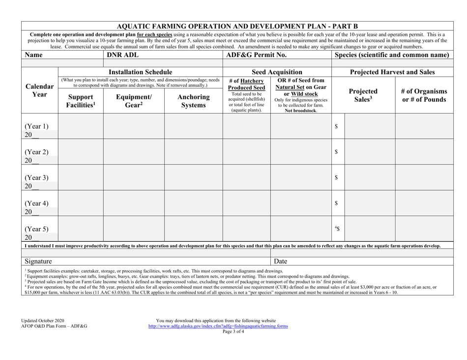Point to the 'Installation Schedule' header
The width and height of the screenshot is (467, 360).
[140, 72]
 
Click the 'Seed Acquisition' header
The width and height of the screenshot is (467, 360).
[277, 72]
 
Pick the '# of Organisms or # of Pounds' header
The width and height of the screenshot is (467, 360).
[424, 96]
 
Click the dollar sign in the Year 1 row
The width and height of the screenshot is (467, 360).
[336, 127]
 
